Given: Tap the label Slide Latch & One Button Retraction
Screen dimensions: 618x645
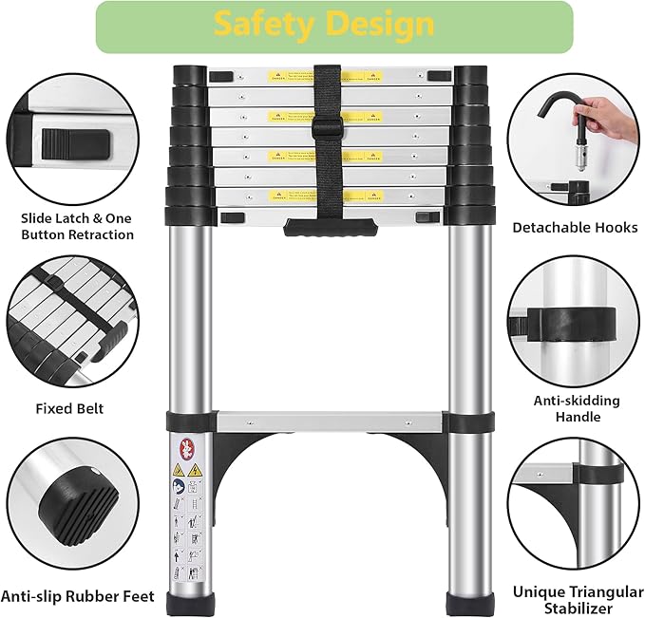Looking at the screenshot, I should (x=77, y=227).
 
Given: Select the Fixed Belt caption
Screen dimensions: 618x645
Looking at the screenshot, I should (x=69, y=409).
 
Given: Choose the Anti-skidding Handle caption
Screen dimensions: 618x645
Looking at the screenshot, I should (x=577, y=408).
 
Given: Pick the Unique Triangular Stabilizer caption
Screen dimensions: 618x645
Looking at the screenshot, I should (x=576, y=599).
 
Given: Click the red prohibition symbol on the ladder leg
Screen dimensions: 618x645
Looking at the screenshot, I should (x=185, y=447).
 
